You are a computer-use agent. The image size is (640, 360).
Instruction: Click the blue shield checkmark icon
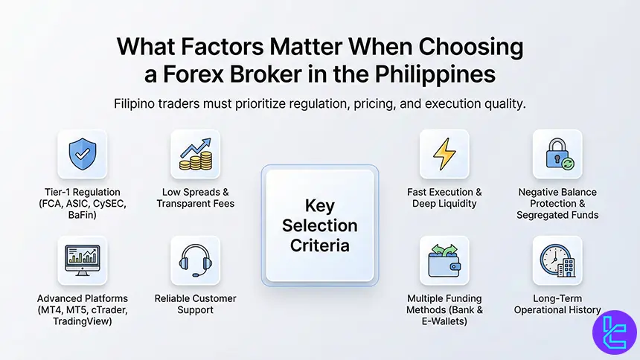coord(82,154)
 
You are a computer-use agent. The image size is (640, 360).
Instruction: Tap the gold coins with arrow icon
coord(195,154)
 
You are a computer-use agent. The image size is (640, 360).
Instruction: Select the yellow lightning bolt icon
coord(444,154)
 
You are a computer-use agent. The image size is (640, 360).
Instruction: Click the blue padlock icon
coord(557,154)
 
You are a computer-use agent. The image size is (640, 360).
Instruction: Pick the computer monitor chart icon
coord(82,260)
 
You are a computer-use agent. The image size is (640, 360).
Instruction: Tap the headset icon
coord(195,260)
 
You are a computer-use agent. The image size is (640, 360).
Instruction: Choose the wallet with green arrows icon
coord(444,260)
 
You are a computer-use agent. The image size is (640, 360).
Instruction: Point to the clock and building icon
coord(557,260)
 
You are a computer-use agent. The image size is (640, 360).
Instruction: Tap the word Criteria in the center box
coord(320,244)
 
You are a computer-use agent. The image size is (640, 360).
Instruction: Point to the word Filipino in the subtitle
coord(138,103)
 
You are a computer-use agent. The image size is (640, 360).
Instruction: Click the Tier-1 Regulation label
coord(82,192)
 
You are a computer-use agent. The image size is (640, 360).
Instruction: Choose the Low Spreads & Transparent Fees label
coord(195,198)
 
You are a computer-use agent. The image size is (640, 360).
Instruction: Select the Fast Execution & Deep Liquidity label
coord(444,198)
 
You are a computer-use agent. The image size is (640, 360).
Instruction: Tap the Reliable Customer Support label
coord(195,304)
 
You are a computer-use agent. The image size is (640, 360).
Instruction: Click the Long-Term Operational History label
coord(557,304)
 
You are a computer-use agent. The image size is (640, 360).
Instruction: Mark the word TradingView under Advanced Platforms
coord(82,322)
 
